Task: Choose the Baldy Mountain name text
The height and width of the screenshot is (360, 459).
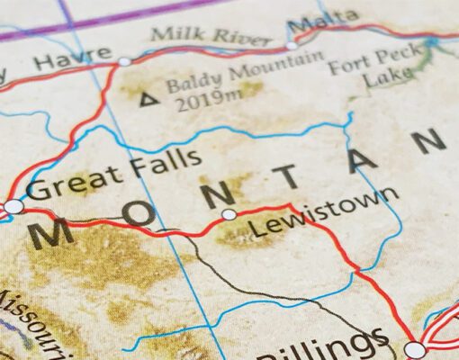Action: click(244, 74)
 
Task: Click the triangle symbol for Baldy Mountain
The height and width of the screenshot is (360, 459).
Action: click(144, 96)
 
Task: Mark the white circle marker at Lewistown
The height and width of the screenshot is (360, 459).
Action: click(229, 214)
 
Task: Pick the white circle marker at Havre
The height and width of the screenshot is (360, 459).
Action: click(124, 61)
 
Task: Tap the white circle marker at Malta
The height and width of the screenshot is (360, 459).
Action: click(292, 44)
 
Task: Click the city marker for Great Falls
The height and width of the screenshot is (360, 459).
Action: click(13, 207)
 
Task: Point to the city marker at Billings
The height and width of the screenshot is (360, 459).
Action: click(414, 348)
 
